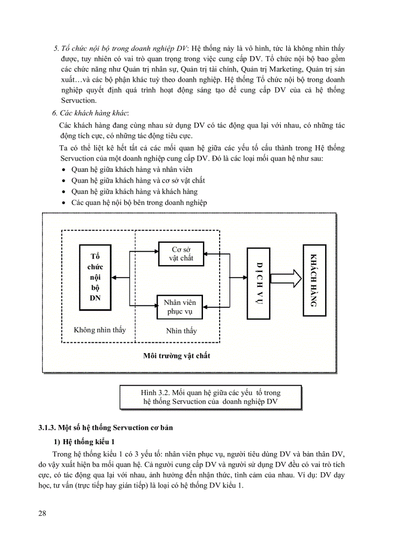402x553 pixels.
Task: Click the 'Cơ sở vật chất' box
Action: pyautogui.click(x=181, y=254)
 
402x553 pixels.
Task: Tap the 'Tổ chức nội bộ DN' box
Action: pyautogui.click(x=95, y=277)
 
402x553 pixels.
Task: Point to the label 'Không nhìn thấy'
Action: pyautogui.click(x=100, y=330)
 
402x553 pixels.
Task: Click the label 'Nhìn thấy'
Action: pyautogui.click(x=181, y=331)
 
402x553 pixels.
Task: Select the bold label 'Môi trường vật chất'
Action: pyautogui.click(x=176, y=356)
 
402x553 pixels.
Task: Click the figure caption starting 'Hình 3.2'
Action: pyautogui.click(x=210, y=397)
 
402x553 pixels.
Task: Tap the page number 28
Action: pyautogui.click(x=42, y=514)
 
